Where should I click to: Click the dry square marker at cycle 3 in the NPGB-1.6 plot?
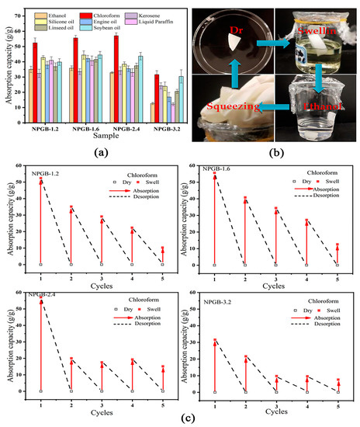275,265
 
